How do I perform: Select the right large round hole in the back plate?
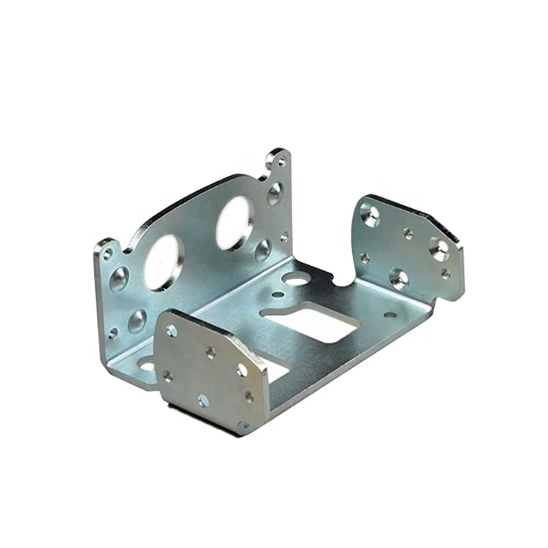(x=235, y=223)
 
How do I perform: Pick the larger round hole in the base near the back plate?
(x=295, y=278)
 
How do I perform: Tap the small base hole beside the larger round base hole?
(x=278, y=295)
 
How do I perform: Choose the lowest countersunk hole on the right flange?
(x=398, y=278)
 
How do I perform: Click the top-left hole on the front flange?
(x=172, y=331)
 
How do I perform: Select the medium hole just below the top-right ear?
(x=275, y=194)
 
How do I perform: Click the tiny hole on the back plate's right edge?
(x=283, y=236)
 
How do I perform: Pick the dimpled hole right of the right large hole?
(x=263, y=251)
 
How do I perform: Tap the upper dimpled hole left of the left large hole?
(x=119, y=278)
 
